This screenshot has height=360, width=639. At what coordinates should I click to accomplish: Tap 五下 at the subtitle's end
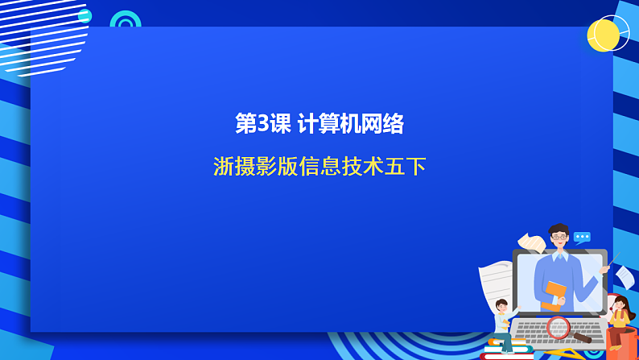[406, 166]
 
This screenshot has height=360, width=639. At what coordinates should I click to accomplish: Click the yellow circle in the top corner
[603, 35]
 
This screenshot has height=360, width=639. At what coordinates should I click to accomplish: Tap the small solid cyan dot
[85, 16]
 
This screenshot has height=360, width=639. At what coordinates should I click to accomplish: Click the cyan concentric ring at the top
[125, 22]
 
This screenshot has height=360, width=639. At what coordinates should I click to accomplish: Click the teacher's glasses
[559, 238]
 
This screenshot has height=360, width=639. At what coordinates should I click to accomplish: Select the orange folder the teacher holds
[554, 295]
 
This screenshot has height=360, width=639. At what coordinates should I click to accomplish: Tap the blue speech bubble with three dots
[582, 237]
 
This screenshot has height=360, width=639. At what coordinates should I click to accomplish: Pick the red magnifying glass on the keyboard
[559, 327]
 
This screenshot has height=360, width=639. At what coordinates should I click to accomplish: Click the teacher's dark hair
[559, 230]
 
